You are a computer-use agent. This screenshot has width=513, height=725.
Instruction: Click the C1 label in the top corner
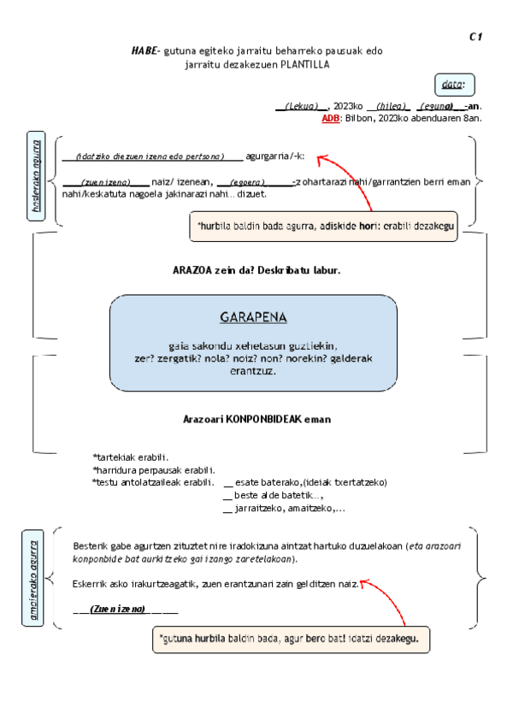point(476,36)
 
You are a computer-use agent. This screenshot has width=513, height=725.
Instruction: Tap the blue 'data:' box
point(453,84)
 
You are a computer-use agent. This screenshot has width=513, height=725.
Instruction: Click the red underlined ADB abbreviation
point(330,118)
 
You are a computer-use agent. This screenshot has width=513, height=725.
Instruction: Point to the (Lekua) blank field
point(302,106)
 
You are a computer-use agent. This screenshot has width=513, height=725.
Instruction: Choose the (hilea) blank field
point(392,106)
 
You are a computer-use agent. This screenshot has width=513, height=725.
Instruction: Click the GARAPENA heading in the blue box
point(253,317)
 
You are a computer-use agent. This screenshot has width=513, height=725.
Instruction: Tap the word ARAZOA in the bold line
point(192,270)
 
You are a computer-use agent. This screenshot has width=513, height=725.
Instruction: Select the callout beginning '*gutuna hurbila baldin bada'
point(290,639)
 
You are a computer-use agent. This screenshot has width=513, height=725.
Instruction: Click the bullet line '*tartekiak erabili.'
point(130,457)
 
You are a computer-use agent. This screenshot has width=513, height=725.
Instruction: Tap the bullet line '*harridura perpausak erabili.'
point(153,469)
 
